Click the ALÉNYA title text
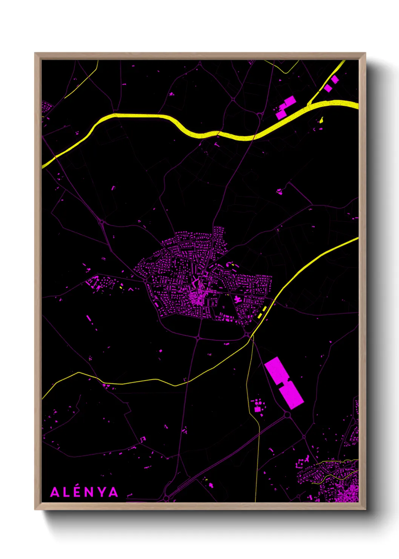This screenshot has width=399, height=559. click(84, 492)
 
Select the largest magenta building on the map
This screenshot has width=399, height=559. click(284, 383)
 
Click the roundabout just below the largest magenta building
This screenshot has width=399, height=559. click(287, 415)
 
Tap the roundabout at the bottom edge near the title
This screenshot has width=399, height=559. click(166, 499)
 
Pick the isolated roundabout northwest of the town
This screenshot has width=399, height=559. click(101, 222)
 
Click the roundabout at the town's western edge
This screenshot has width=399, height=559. click(146, 281)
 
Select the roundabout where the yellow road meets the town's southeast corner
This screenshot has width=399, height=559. click(247, 335)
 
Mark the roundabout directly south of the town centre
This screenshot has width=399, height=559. click(198, 337)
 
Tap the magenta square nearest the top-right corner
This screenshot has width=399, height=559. click(335, 79)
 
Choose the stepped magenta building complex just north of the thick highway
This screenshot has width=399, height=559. click(285, 107)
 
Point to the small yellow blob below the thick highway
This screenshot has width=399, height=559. click(321, 120)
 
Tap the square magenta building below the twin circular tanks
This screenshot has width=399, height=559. click(258, 409)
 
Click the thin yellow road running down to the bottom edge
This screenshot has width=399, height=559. click(257, 453)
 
